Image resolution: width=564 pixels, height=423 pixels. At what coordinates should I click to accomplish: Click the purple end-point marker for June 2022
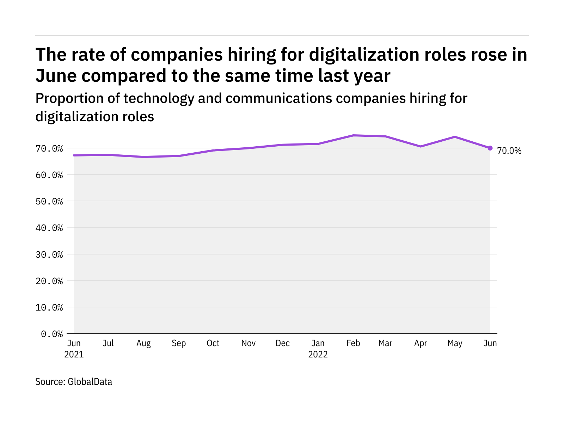tap(490, 148)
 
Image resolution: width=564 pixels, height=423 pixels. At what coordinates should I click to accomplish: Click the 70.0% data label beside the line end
tap(509, 151)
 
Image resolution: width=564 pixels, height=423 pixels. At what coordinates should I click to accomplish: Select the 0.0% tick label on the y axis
tap(52, 334)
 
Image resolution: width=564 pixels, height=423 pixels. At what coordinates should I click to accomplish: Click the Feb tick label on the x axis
tap(353, 343)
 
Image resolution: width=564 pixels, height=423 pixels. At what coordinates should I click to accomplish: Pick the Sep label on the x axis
tap(179, 343)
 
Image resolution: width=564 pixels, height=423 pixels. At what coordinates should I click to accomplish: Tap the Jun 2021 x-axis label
tap(74, 349)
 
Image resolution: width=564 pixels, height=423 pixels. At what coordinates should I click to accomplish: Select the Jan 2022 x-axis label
tap(318, 349)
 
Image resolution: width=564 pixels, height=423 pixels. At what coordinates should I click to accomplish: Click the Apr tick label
tap(421, 343)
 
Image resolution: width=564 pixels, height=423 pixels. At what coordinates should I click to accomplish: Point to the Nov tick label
tap(249, 343)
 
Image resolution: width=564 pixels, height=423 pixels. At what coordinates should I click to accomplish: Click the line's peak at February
tap(353, 135)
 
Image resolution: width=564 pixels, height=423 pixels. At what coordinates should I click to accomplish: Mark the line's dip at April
tap(421, 146)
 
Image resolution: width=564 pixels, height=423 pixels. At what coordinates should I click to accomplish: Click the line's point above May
tap(455, 137)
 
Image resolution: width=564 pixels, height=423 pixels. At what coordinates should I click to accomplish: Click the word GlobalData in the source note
tap(90, 382)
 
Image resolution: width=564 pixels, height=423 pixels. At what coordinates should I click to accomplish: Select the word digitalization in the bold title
tap(357, 55)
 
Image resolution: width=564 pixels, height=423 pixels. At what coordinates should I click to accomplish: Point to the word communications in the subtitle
tap(278, 99)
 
